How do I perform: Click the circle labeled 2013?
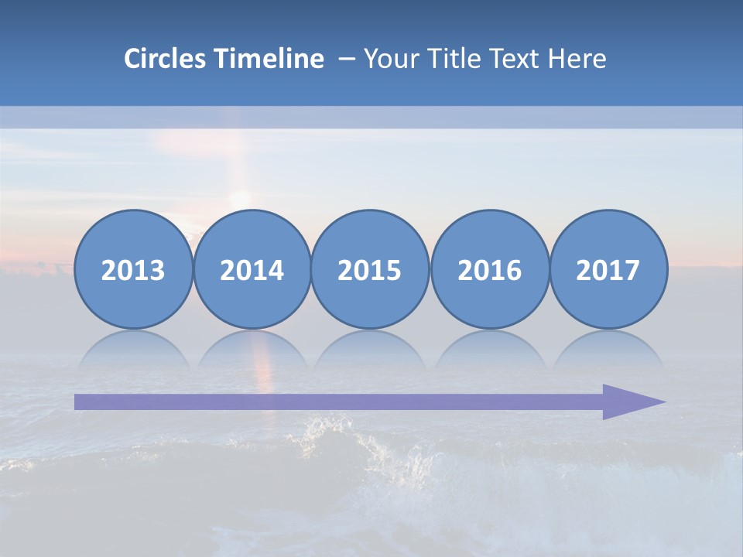pyautogui.click(x=133, y=269)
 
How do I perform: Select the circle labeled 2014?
pyautogui.click(x=252, y=269)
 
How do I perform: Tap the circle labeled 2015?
pyautogui.click(x=370, y=269)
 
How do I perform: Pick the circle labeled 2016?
pyautogui.click(x=489, y=269)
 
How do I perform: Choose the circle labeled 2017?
pyautogui.click(x=608, y=269)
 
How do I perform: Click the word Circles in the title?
pyautogui.click(x=166, y=59)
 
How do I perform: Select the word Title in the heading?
pyautogui.click(x=457, y=59)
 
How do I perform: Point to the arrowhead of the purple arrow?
pyautogui.click(x=635, y=402)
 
